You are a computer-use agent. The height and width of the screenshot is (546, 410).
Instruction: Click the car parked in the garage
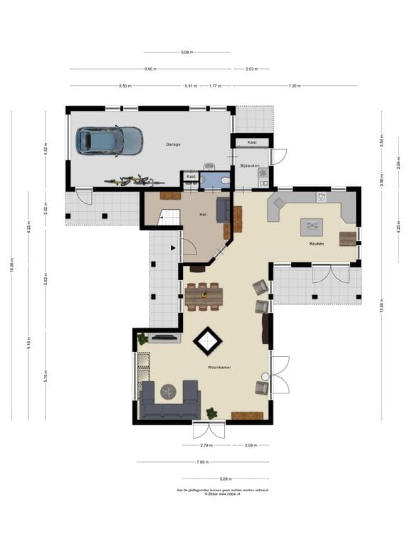pos(109,140)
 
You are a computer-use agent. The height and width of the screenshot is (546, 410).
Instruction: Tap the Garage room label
pos(173,144)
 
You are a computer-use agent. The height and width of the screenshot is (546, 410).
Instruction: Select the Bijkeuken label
pos(250,165)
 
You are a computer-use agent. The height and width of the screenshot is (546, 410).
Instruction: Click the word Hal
pos(203,213)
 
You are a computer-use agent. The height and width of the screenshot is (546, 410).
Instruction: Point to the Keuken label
pos(316,243)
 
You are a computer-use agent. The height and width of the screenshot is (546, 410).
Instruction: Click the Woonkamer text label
pos(219,368)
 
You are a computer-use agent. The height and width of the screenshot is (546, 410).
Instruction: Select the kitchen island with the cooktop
pos(311,227)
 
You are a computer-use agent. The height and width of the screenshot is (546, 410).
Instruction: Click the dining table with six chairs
pos(204,296)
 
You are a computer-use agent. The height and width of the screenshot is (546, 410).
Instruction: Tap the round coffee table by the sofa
pos(169,390)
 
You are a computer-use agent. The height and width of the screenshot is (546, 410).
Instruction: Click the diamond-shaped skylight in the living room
pos(208,341)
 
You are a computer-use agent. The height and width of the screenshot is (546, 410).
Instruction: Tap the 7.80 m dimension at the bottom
pos(202,461)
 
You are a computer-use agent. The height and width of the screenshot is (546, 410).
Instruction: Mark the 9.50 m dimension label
pos(150,69)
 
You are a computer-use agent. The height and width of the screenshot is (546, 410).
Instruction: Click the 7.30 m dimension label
pos(295,85)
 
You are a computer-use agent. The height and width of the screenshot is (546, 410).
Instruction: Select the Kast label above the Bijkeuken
pos(252,142)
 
